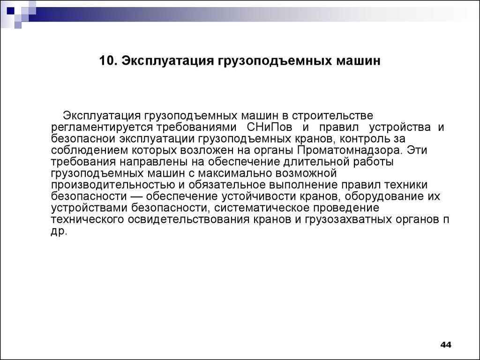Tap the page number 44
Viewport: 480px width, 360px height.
[445, 345]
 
